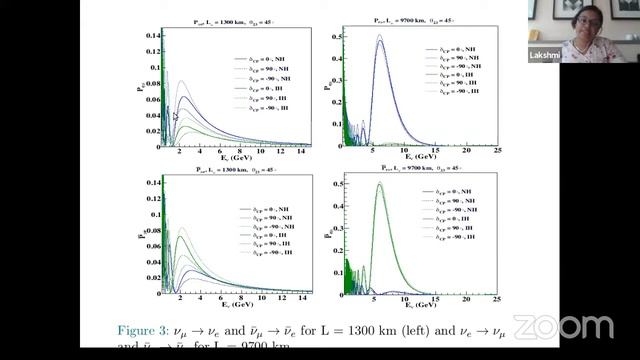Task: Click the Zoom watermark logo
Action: point(563,327)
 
